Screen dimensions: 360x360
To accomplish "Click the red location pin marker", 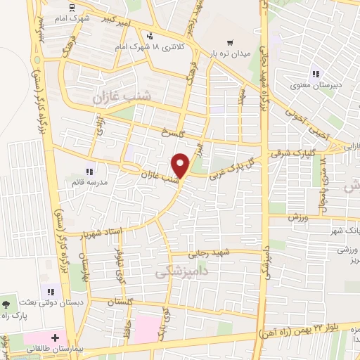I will point(181,165).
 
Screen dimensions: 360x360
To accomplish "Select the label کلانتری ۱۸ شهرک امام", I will point(162,48).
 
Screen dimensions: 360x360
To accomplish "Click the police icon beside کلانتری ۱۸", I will point(149,36).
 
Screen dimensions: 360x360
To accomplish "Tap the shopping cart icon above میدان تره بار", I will point(229,41).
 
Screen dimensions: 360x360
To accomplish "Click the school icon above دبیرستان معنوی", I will point(316,74).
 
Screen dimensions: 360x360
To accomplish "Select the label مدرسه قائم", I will point(88,182).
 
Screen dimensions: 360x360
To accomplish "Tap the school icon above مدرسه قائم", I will point(89,170).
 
